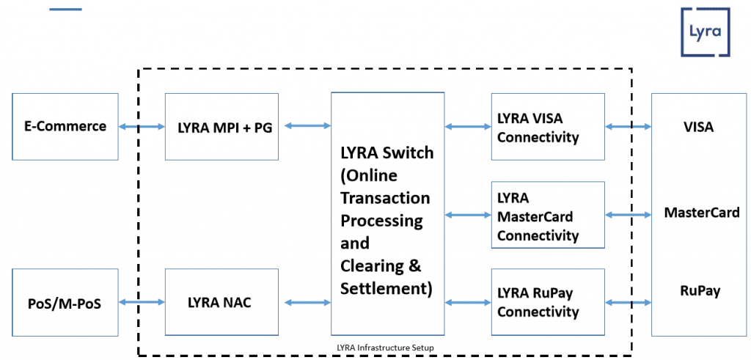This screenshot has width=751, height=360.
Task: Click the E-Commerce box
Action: click(65, 126)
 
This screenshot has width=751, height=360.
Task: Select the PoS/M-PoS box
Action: click(65, 302)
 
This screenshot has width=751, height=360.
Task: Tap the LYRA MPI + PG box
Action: click(221, 126)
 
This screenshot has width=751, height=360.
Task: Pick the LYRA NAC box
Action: click(221, 302)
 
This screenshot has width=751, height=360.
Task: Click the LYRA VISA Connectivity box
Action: click(548, 127)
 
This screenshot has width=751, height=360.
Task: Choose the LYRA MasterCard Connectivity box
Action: click(548, 216)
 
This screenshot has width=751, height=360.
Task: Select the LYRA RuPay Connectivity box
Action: click(548, 302)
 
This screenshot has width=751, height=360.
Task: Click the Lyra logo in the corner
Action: click(705, 32)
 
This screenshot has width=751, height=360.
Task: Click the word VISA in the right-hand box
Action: click(698, 127)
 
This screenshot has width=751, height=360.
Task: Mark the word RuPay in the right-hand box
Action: click(700, 290)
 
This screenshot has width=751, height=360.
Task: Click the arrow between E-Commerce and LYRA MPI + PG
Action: click(142, 127)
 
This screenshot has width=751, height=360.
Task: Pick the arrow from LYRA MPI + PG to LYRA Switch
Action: click(307, 126)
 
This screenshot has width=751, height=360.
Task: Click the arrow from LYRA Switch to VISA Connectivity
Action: click(468, 127)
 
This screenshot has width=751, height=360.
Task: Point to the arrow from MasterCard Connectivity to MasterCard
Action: click(629, 215)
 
